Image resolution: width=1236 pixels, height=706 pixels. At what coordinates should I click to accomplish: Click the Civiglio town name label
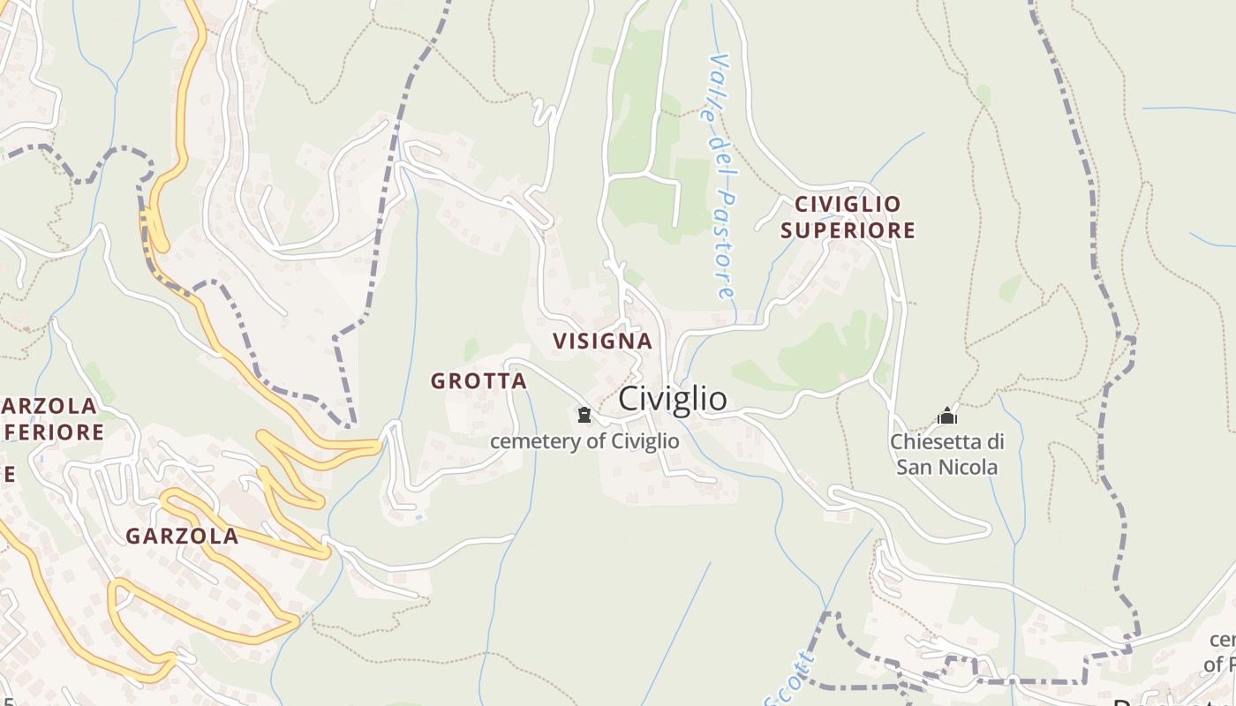pyautogui.click(x=673, y=399)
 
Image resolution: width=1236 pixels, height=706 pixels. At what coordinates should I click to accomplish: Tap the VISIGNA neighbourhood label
pyautogui.click(x=602, y=341)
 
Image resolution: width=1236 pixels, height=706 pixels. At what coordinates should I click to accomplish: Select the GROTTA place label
pyautogui.click(x=479, y=381)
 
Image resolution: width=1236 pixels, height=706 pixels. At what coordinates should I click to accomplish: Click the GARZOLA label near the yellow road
pyautogui.click(x=182, y=536)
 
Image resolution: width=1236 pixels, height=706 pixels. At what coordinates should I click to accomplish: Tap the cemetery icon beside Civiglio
pyautogui.click(x=584, y=414)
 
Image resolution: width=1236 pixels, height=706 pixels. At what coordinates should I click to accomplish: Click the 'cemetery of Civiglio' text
pyautogui.click(x=584, y=441)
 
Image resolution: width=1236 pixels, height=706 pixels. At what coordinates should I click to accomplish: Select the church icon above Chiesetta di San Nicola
pyautogui.click(x=947, y=415)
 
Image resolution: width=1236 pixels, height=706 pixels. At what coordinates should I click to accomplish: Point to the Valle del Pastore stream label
pyautogui.click(x=721, y=176)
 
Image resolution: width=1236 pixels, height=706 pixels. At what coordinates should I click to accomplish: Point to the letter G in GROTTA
pyautogui.click(x=438, y=381)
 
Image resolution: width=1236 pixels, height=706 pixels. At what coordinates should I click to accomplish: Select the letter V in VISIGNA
pyautogui.click(x=560, y=341)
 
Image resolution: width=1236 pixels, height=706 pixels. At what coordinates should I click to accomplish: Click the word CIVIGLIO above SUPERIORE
pyautogui.click(x=848, y=204)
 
